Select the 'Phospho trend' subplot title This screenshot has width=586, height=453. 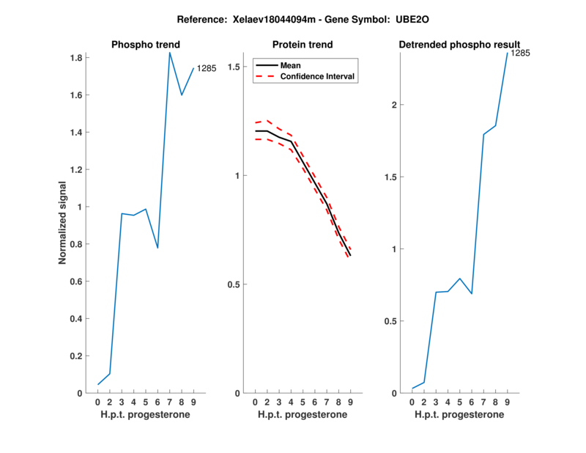[x=146, y=45]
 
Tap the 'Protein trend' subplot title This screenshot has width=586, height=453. [x=302, y=45]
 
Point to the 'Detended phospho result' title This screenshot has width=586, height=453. [x=459, y=45]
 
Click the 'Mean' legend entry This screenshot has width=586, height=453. [x=291, y=65]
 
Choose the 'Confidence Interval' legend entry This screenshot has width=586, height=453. [x=318, y=76]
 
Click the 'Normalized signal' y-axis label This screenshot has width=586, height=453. [x=63, y=223]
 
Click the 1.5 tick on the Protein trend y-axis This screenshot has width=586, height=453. [x=234, y=67]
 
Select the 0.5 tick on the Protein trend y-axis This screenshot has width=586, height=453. [x=234, y=284]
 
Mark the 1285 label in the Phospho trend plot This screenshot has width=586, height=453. [x=207, y=69]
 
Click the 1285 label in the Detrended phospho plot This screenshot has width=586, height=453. [x=520, y=54]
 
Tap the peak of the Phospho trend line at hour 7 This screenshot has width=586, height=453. [x=170, y=52]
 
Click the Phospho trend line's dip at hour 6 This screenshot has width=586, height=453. [x=157, y=248]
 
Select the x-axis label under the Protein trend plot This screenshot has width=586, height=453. [x=302, y=415]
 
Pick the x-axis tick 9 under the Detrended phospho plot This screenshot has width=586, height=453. [x=507, y=402]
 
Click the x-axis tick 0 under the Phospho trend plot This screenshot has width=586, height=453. [x=98, y=402]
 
